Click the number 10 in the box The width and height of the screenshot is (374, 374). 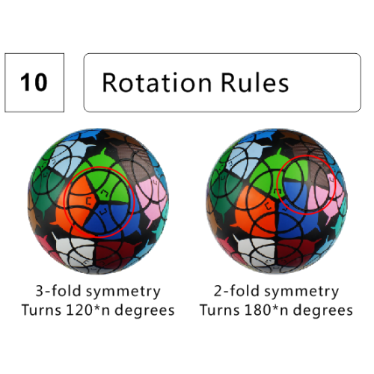coord(34,82)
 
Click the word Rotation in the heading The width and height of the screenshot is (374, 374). coord(157,82)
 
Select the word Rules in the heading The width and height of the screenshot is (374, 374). coord(255,82)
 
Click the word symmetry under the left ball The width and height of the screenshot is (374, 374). coord(123,292)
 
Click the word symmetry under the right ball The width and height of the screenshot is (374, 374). coord(301,292)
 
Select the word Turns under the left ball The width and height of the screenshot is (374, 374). coord(41,310)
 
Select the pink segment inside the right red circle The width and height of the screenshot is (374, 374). coord(320,197)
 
